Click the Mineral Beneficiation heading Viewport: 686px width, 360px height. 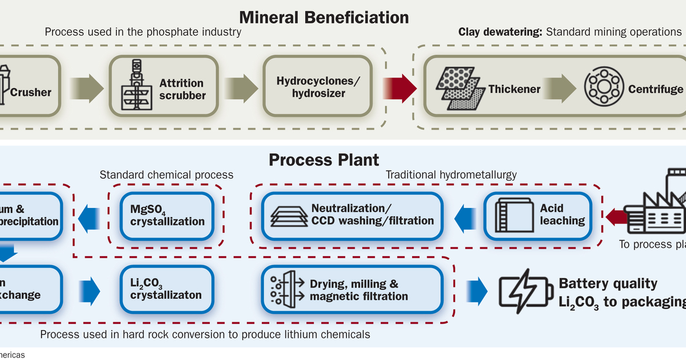324,17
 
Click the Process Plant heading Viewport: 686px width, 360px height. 324,159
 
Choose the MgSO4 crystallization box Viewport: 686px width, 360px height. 167,215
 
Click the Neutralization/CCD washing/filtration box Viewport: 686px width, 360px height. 353,215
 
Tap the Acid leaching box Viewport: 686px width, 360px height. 537,215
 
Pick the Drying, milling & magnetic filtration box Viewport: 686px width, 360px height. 352,290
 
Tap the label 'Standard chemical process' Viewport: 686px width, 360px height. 166,174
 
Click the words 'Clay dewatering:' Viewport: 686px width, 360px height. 500,32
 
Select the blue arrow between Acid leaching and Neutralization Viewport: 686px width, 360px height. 465,216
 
